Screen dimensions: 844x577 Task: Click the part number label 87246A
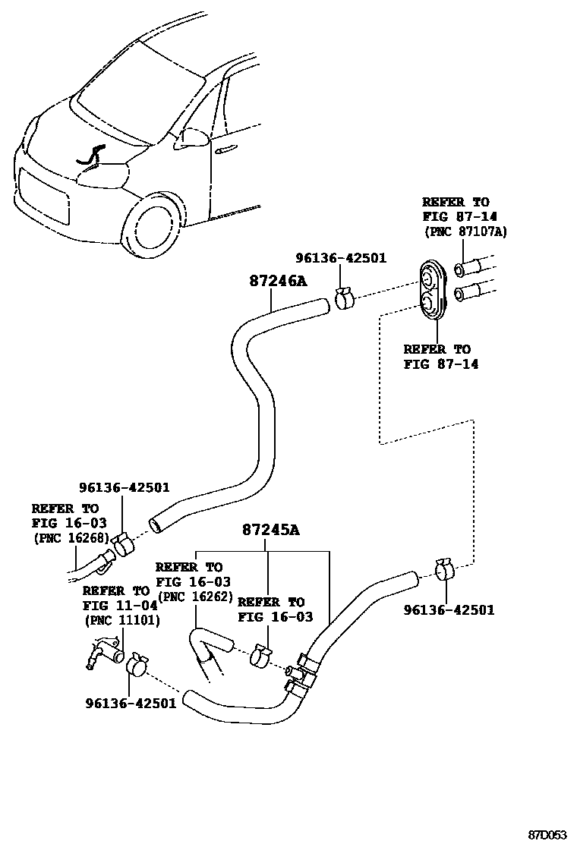[277, 281]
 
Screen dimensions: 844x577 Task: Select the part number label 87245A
[271, 529]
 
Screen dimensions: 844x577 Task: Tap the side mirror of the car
[194, 138]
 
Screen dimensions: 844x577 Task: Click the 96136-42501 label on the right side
[449, 609]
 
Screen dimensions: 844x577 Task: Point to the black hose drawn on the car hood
[90, 156]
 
